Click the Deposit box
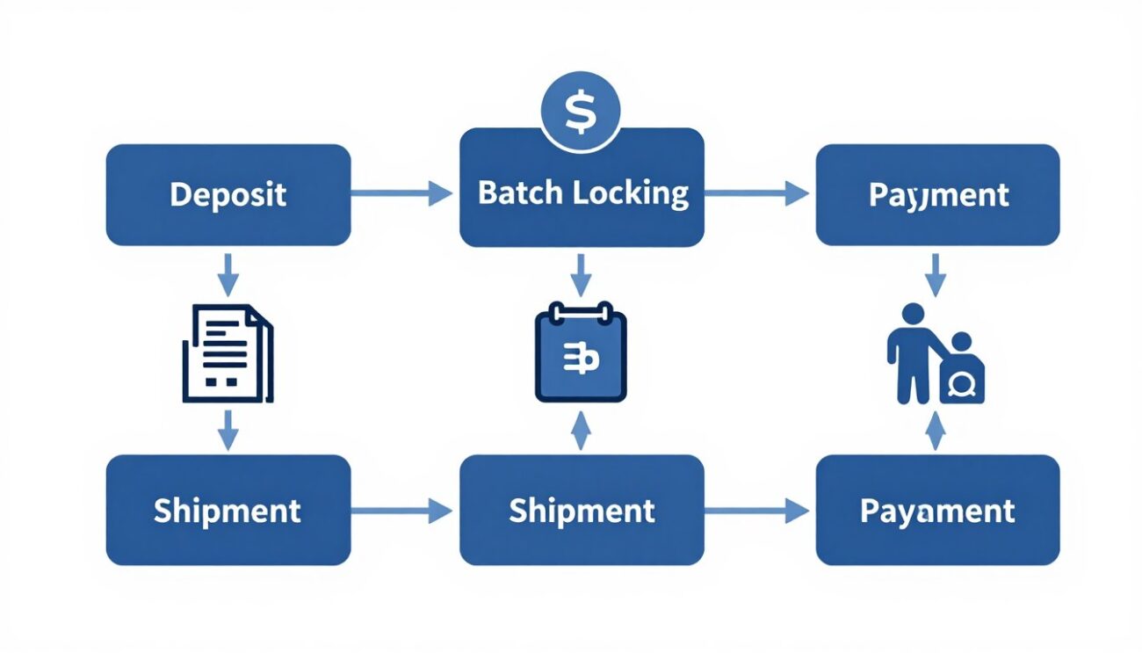228,195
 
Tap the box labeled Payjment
937,195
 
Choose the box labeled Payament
937,510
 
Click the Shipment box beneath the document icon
228,510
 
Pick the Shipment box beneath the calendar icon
582,510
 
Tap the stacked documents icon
228,352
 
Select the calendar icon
581,352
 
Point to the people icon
935,354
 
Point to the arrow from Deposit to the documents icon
228,274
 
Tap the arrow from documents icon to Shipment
228,431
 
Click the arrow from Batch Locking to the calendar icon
581,274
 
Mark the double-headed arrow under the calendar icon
581,432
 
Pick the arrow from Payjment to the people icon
936,274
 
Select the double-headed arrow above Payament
936,432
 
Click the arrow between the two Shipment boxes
402,509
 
